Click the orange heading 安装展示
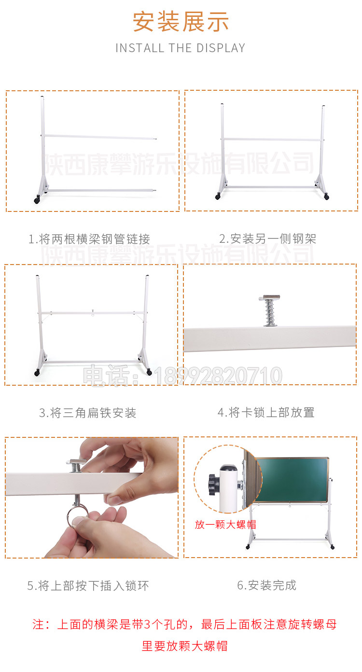click(181, 22)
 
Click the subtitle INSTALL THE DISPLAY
click(181, 48)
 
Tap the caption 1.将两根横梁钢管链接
click(89, 239)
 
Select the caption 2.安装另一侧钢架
click(267, 239)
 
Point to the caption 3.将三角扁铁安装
click(87, 413)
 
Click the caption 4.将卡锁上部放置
click(266, 412)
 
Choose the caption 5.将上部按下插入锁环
click(88, 586)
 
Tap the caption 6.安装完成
click(266, 585)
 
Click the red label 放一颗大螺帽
click(225, 525)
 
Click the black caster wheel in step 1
click(37, 200)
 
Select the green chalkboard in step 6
click(292, 480)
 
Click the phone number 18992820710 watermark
click(218, 376)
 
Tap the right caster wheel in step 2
click(327, 197)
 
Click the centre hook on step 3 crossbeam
click(93, 313)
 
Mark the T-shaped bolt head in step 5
click(77, 462)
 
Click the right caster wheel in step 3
click(149, 372)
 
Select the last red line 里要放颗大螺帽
click(185, 646)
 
